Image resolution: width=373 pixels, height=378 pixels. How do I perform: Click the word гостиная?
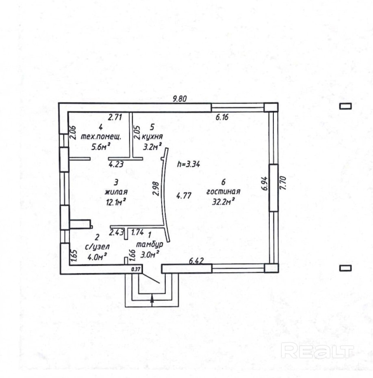point(223,192)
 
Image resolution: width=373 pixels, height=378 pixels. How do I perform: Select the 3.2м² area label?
point(152,146)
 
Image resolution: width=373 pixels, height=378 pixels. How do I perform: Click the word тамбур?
point(149,245)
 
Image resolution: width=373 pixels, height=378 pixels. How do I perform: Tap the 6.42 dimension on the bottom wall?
point(196,262)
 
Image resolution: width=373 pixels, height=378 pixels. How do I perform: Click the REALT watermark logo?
point(317,350)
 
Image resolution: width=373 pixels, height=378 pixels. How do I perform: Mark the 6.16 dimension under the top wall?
point(222,118)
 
